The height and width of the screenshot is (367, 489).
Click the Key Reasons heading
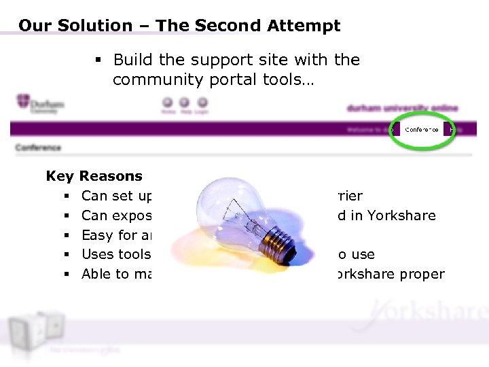pos(94,176)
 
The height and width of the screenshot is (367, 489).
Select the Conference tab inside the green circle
pos(422,129)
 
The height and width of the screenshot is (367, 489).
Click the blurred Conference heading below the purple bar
pos(38,147)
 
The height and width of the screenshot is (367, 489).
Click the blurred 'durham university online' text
pos(402,108)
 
